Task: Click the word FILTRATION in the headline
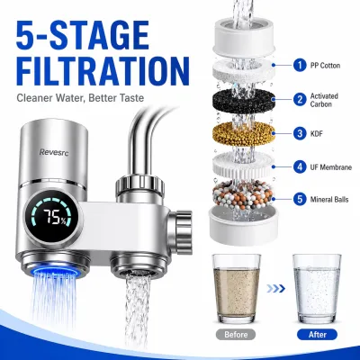point(103,71)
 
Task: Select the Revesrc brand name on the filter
point(54,152)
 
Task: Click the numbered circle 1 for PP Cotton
point(300,65)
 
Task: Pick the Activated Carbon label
point(324,100)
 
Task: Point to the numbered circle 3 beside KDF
point(300,133)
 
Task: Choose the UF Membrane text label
point(331,167)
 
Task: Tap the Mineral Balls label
point(329,200)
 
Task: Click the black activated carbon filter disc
point(244,101)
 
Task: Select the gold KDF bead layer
point(244,134)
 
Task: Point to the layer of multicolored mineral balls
point(244,194)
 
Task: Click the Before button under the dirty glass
point(236,335)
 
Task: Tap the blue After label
point(318,335)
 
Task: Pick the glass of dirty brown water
point(237,289)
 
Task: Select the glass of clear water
point(317,289)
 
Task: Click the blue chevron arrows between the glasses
point(275,289)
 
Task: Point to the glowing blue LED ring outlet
point(55,271)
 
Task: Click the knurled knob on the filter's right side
point(181,228)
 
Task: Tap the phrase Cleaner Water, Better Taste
point(80,98)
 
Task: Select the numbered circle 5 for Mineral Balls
point(300,199)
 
